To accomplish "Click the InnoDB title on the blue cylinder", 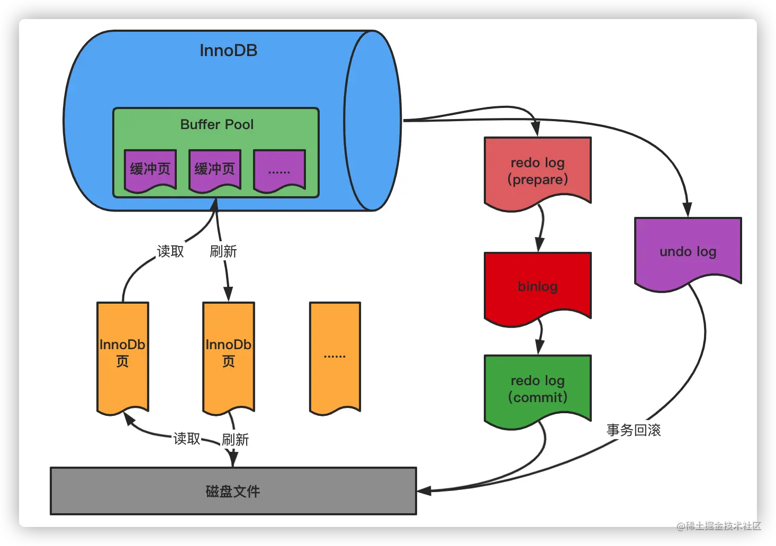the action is [229, 51].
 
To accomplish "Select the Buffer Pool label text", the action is [217, 124].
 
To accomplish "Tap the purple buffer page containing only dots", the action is [279, 171].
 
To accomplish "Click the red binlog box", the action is [538, 289].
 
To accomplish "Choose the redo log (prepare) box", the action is [538, 174].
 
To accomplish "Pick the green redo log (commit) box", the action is [538, 392].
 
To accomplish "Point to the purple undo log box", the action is [688, 254].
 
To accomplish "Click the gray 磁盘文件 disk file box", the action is [233, 491].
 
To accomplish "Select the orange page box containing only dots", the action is [335, 358].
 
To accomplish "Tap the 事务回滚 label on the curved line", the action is [634, 430].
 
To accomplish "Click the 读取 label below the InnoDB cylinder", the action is [170, 251].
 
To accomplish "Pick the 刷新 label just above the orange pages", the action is [223, 251].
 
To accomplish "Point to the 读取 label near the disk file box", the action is [187, 439].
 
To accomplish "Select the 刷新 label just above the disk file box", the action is [235, 440].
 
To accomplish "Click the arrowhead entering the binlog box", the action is [539, 245].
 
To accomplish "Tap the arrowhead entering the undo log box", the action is [687, 210].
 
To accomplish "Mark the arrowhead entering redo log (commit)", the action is [539, 348].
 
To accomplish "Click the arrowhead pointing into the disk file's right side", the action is [424, 490].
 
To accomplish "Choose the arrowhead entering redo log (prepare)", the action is [536, 129].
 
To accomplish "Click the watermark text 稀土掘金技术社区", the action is [724, 526].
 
